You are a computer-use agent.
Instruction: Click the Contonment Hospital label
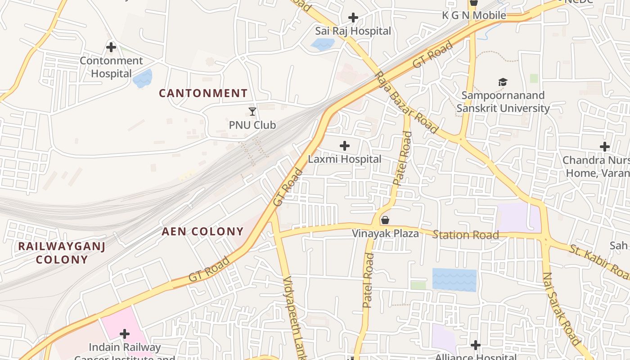[111, 67]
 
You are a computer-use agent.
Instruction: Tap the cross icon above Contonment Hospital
[111, 47]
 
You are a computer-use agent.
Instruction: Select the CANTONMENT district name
[203, 93]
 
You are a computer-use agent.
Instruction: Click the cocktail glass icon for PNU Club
[252, 111]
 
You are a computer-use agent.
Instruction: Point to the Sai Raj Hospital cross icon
[353, 18]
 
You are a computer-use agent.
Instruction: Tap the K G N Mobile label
[474, 15]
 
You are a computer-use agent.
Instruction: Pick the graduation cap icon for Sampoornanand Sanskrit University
[503, 82]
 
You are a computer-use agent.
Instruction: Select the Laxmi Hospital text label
[344, 159]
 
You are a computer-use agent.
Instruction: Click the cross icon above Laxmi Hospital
[344, 146]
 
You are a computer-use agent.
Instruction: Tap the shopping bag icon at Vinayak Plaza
[385, 220]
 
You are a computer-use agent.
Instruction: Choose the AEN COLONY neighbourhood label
[202, 232]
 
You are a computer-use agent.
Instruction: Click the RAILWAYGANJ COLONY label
[62, 253]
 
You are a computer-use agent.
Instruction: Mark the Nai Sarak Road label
[561, 309]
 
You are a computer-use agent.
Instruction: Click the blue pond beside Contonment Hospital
[143, 79]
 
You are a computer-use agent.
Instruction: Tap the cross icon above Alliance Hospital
[475, 345]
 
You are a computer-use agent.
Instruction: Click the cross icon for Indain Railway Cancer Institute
[125, 334]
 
